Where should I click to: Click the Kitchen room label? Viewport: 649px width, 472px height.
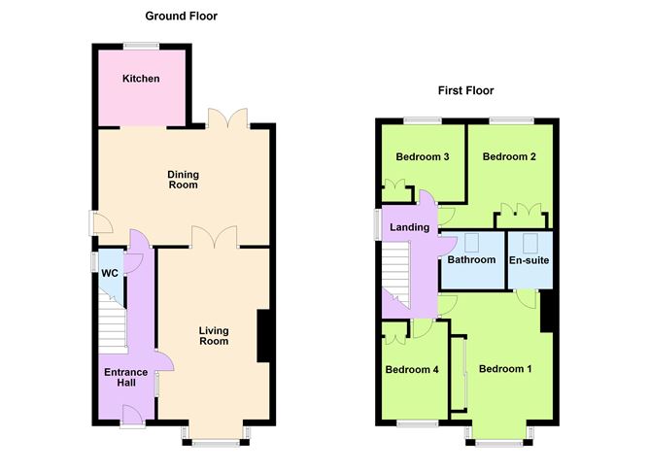[x=141, y=79]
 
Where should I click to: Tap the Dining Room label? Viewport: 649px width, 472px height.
[x=183, y=180]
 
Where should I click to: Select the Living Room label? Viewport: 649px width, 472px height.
[x=214, y=336]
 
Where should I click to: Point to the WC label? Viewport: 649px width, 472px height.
[x=110, y=274]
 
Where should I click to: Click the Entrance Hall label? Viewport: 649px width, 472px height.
[x=126, y=377]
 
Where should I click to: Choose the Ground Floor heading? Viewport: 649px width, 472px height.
[x=182, y=17]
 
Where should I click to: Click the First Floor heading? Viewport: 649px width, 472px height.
[x=465, y=90]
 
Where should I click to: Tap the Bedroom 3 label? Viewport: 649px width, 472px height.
[x=423, y=156]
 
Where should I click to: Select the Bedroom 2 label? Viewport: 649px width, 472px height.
[x=509, y=156]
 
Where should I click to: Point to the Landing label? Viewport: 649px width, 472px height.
[x=409, y=227]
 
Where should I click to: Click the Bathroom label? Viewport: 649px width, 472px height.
[x=471, y=259]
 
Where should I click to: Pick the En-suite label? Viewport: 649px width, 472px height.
[x=529, y=260]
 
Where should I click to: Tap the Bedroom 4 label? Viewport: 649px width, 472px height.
[x=412, y=369]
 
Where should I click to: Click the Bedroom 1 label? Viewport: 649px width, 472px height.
[x=505, y=369]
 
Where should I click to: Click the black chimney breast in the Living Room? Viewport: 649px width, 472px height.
[x=263, y=336]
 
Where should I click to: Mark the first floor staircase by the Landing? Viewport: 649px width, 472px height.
[x=395, y=274]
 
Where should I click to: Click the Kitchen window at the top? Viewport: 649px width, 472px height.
[x=141, y=46]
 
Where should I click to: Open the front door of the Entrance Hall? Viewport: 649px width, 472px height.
[x=132, y=414]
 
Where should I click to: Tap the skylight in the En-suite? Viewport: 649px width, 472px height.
[x=529, y=243]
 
